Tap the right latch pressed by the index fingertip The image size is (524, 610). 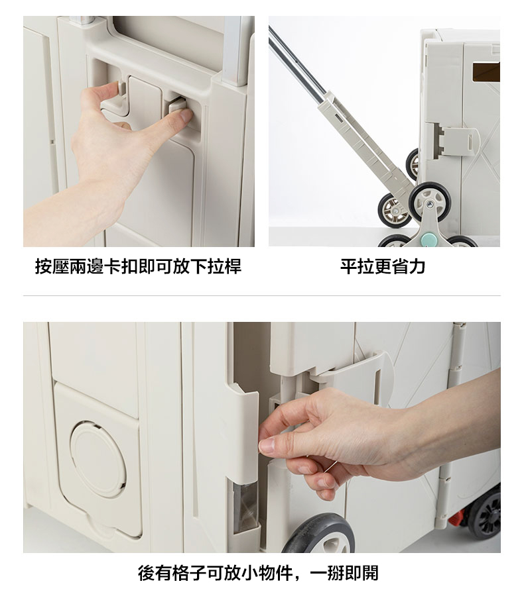click(x=178, y=106)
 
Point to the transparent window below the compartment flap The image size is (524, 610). click(x=245, y=507)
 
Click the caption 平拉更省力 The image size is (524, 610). click(x=383, y=267)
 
